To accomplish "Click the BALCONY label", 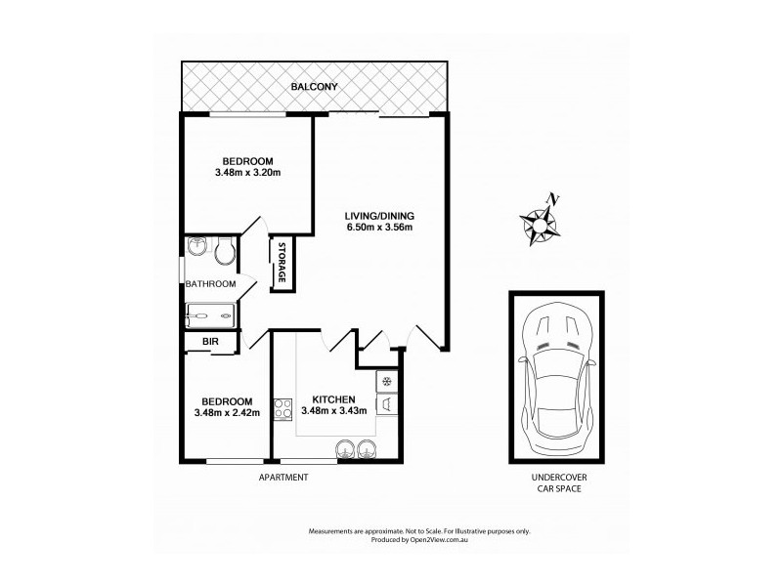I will pyautogui.click(x=315, y=87).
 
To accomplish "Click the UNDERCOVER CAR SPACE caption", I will pyautogui.click(x=552, y=482).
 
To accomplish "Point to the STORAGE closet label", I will pyautogui.click(x=282, y=263).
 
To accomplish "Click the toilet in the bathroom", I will pyautogui.click(x=224, y=250).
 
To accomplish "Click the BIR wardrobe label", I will pyautogui.click(x=209, y=342).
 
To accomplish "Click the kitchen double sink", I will pyautogui.click(x=357, y=449).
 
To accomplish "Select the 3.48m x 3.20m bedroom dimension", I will pyautogui.click(x=247, y=174).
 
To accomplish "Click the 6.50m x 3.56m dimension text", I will pyautogui.click(x=379, y=229).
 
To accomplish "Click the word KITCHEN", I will pyautogui.click(x=332, y=398).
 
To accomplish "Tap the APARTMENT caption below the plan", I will pyautogui.click(x=283, y=477).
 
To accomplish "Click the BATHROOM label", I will pyautogui.click(x=211, y=284).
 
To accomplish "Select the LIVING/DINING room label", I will pyautogui.click(x=379, y=216).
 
